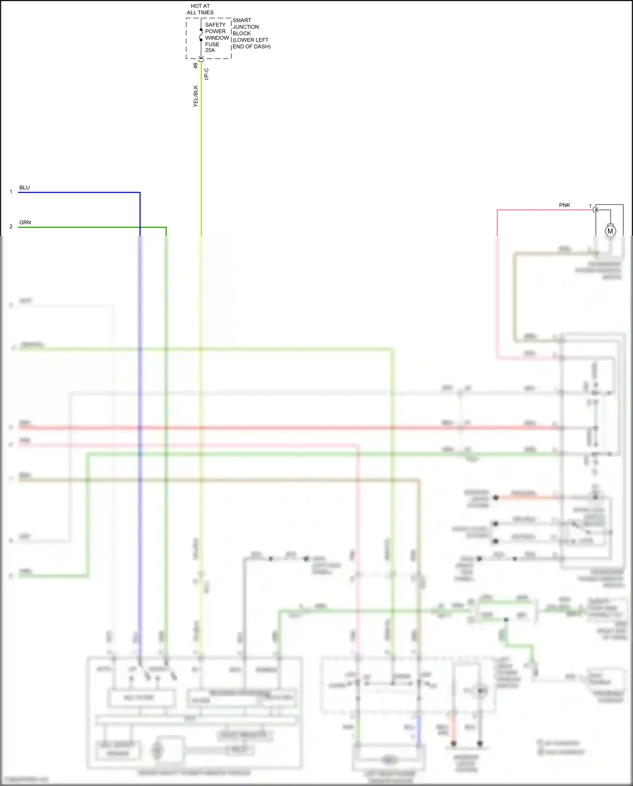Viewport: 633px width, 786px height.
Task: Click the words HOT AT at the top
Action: (x=200, y=6)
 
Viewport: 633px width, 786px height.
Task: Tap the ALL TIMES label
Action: (x=200, y=13)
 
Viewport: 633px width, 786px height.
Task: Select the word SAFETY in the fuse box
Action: (x=215, y=25)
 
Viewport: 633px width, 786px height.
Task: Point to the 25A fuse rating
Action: (x=210, y=50)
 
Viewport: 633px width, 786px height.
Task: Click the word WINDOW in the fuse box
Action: (x=217, y=38)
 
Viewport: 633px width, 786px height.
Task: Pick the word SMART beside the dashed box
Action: (x=242, y=20)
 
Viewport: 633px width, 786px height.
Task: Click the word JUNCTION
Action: (x=246, y=27)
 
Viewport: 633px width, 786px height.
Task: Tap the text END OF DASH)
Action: (x=252, y=46)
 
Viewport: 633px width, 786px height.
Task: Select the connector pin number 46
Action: (x=195, y=65)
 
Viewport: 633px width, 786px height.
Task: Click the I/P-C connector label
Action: (x=206, y=74)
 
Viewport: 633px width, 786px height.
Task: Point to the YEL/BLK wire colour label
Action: (x=196, y=96)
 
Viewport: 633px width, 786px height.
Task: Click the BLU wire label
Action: (x=24, y=188)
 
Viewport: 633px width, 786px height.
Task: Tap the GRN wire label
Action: (x=25, y=223)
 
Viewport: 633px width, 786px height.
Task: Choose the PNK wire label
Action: (x=564, y=205)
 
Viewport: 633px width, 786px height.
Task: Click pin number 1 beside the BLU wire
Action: (x=11, y=192)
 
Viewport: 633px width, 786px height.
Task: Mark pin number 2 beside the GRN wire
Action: (x=11, y=227)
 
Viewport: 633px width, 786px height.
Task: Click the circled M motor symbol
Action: (x=610, y=231)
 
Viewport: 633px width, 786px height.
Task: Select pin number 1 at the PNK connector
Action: (x=590, y=206)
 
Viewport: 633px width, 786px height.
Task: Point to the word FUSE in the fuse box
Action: (x=212, y=44)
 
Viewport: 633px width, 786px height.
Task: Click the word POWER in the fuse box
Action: (x=215, y=31)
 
